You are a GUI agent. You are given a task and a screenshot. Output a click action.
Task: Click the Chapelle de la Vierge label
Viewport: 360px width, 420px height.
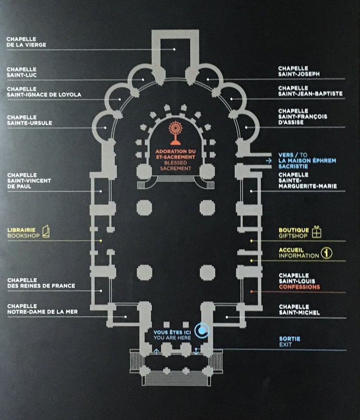pyautogui.click(x=26, y=42)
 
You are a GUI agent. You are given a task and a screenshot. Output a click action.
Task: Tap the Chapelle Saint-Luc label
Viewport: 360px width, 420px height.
pyautogui.click(x=22, y=72)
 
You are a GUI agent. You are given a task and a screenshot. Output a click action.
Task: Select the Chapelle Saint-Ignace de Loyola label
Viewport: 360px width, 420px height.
pyautogui.click(x=44, y=92)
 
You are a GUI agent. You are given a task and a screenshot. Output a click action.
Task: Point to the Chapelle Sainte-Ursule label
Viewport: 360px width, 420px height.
pyautogui.click(x=29, y=120)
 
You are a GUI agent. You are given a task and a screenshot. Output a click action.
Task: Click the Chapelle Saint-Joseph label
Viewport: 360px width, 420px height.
pyautogui.click(x=299, y=71)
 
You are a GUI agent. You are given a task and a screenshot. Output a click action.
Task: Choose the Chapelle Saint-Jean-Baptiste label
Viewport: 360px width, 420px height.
pyautogui.click(x=310, y=91)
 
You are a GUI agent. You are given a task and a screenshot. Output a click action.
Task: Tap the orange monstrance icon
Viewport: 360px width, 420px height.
pyautogui.click(x=175, y=133)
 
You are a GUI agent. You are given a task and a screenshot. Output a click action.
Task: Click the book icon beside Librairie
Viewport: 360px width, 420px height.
pyautogui.click(x=46, y=231)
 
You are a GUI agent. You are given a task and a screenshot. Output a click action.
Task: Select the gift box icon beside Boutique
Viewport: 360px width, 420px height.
pyautogui.click(x=317, y=232)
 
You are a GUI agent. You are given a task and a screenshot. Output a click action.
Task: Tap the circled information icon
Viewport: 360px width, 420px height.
pyautogui.click(x=327, y=253)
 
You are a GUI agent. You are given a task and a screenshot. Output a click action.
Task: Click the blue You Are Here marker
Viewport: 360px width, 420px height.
pyautogui.click(x=202, y=330)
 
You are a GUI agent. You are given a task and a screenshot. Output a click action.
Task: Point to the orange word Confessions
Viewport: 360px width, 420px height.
pyautogui.click(x=299, y=287)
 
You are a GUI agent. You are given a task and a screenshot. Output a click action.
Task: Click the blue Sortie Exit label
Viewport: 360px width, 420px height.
pyautogui.click(x=289, y=342)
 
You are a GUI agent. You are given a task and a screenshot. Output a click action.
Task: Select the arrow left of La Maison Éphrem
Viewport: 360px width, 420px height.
pyautogui.click(x=269, y=161)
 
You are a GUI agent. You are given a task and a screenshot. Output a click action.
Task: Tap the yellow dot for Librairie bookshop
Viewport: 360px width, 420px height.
pyautogui.click(x=101, y=241)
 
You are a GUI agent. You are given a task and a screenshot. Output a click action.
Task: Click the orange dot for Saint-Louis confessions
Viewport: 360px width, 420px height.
pyautogui.click(x=252, y=291)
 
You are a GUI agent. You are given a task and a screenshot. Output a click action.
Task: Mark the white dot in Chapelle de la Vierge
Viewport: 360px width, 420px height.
pyautogui.click(x=175, y=49)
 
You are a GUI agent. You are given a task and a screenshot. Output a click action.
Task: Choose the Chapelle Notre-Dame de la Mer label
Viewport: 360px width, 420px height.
pyautogui.click(x=42, y=309)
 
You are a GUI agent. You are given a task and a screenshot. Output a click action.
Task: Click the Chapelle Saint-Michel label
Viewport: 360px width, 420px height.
pyautogui.click(x=299, y=310)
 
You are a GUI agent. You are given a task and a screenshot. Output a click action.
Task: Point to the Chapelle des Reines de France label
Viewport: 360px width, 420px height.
pyautogui.click(x=41, y=283)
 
